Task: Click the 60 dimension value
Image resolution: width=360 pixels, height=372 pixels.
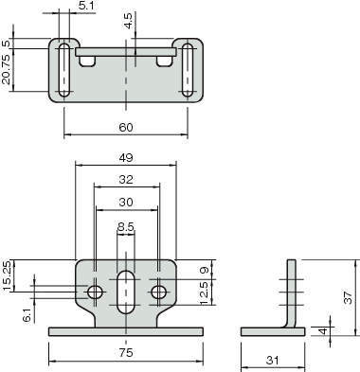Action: tap(126, 128)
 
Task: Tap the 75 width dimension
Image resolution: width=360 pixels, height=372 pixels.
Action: tap(126, 353)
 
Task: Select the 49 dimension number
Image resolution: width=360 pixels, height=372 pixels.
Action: tap(126, 158)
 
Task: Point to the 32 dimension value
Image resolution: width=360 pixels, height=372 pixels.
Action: tap(126, 180)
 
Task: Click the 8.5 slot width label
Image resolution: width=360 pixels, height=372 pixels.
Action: tap(126, 226)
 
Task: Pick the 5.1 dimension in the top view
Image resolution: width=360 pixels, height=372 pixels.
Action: tap(86, 6)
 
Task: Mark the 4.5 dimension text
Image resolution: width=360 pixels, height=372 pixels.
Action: tap(129, 21)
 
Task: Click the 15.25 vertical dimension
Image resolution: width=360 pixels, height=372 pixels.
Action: tap(7, 276)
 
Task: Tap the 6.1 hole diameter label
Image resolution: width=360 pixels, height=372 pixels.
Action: tap(28, 315)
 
